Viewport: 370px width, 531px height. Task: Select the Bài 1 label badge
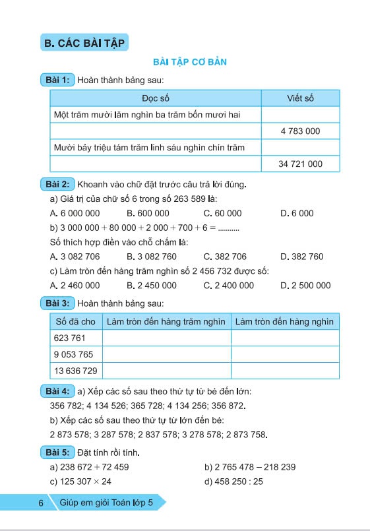[58, 80]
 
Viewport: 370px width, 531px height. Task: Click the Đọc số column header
[156, 98]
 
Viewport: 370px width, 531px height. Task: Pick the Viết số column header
[300, 98]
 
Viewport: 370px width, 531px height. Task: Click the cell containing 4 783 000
[300, 131]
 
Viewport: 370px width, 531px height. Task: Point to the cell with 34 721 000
[300, 164]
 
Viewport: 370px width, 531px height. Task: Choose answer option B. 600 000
[148, 213]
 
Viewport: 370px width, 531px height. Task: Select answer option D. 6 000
[297, 213]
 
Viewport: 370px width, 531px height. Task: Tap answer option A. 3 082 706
[75, 257]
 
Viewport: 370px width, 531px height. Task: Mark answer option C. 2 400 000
[229, 286]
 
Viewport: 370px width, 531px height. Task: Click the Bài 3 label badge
[58, 303]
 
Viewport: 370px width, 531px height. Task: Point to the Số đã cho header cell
[76, 321]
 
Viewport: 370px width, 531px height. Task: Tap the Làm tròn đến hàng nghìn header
[284, 321]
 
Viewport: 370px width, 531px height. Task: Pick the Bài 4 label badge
[58, 391]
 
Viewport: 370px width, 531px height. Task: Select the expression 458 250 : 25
[234, 482]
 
